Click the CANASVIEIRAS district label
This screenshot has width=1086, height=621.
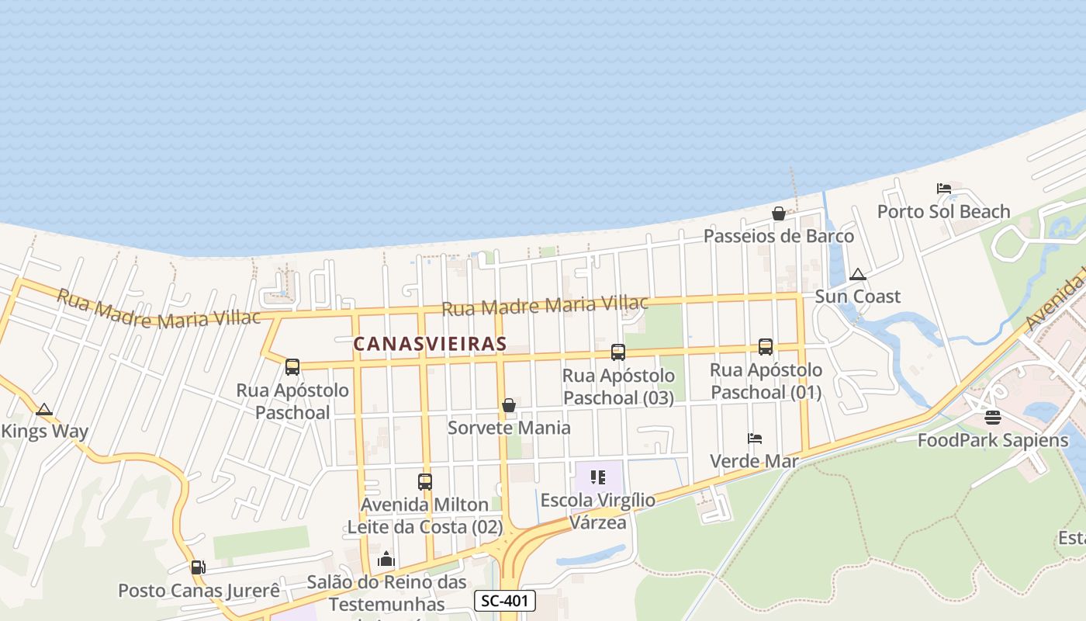click(x=431, y=343)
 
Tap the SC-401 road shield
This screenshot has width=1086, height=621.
click(x=505, y=601)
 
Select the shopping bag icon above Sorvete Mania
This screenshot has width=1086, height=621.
click(x=509, y=405)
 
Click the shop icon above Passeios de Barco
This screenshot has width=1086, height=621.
click(x=779, y=213)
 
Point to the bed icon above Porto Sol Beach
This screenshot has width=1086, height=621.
click(x=944, y=189)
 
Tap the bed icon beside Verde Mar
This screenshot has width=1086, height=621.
click(x=755, y=439)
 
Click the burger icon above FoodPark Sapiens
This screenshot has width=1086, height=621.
click(x=993, y=418)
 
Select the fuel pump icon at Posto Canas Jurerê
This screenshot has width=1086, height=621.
click(x=199, y=567)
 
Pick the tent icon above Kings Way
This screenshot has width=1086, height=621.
click(x=44, y=409)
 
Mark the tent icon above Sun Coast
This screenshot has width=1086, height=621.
click(x=857, y=274)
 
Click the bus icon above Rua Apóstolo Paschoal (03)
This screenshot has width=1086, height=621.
click(x=618, y=352)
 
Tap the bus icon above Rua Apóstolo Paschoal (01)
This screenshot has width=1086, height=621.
click(x=766, y=347)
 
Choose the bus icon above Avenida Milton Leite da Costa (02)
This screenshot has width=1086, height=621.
click(x=425, y=482)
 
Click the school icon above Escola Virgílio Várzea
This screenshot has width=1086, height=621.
click(x=597, y=477)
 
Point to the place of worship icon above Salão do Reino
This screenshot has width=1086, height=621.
click(x=386, y=559)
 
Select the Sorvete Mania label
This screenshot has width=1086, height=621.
click(x=509, y=428)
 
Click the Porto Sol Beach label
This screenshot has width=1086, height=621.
click(x=943, y=211)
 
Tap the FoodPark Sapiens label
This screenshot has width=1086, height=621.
click(x=993, y=440)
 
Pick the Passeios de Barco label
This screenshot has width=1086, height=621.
click(x=779, y=236)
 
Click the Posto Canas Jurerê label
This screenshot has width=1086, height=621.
click(x=199, y=590)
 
